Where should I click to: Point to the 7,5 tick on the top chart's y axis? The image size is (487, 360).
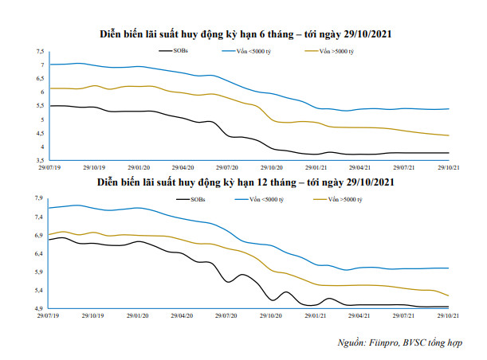click(39, 51)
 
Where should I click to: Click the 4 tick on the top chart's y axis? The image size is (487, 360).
click(41, 147)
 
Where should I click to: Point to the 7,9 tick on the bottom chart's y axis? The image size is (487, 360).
click(39, 198)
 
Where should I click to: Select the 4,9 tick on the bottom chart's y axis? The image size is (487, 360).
click(39, 308)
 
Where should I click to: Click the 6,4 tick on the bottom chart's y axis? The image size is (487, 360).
click(39, 253)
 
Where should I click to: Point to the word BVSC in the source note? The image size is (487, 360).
click(419, 342)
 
